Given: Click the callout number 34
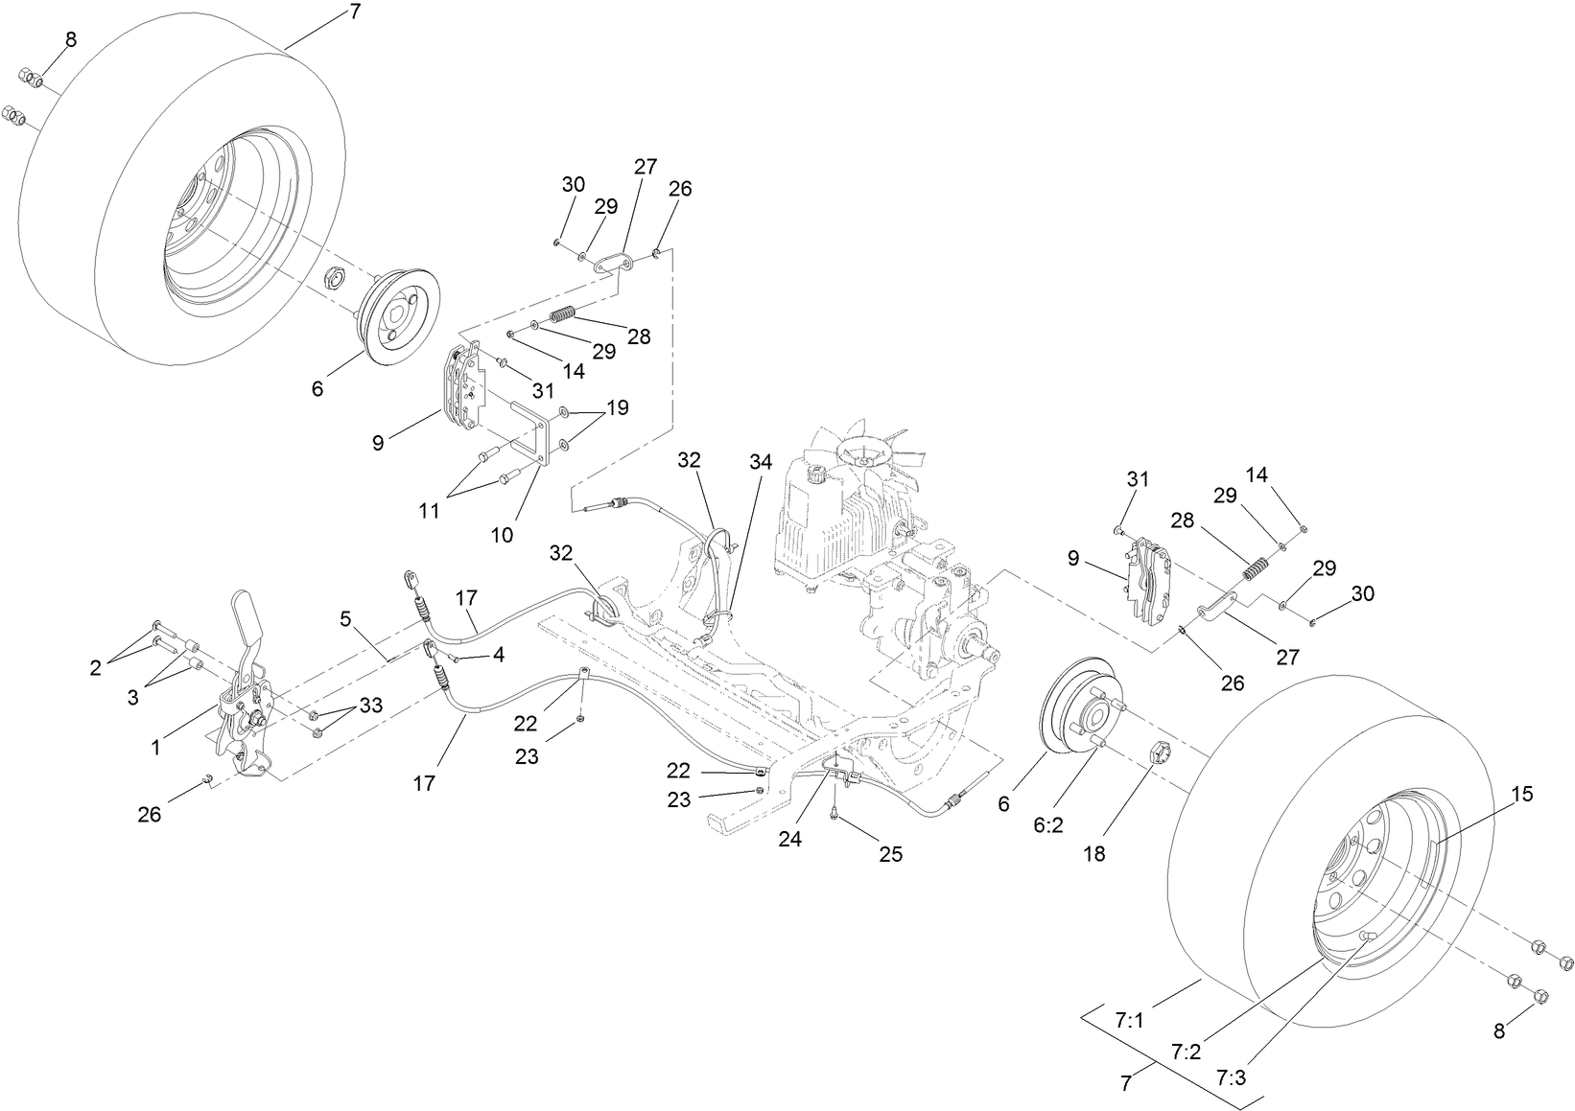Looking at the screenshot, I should coord(760,462).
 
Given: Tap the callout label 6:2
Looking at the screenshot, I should coord(1049,825).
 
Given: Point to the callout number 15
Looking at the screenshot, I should coord(1522,794).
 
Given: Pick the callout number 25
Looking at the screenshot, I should coord(891,854).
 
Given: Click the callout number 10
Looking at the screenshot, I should coord(502,535).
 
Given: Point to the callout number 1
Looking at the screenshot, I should coord(155,746).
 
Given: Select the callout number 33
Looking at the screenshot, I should coord(370,706).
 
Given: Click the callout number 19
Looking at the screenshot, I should coord(617,407).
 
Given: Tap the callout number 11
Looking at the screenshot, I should coord(429,511).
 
